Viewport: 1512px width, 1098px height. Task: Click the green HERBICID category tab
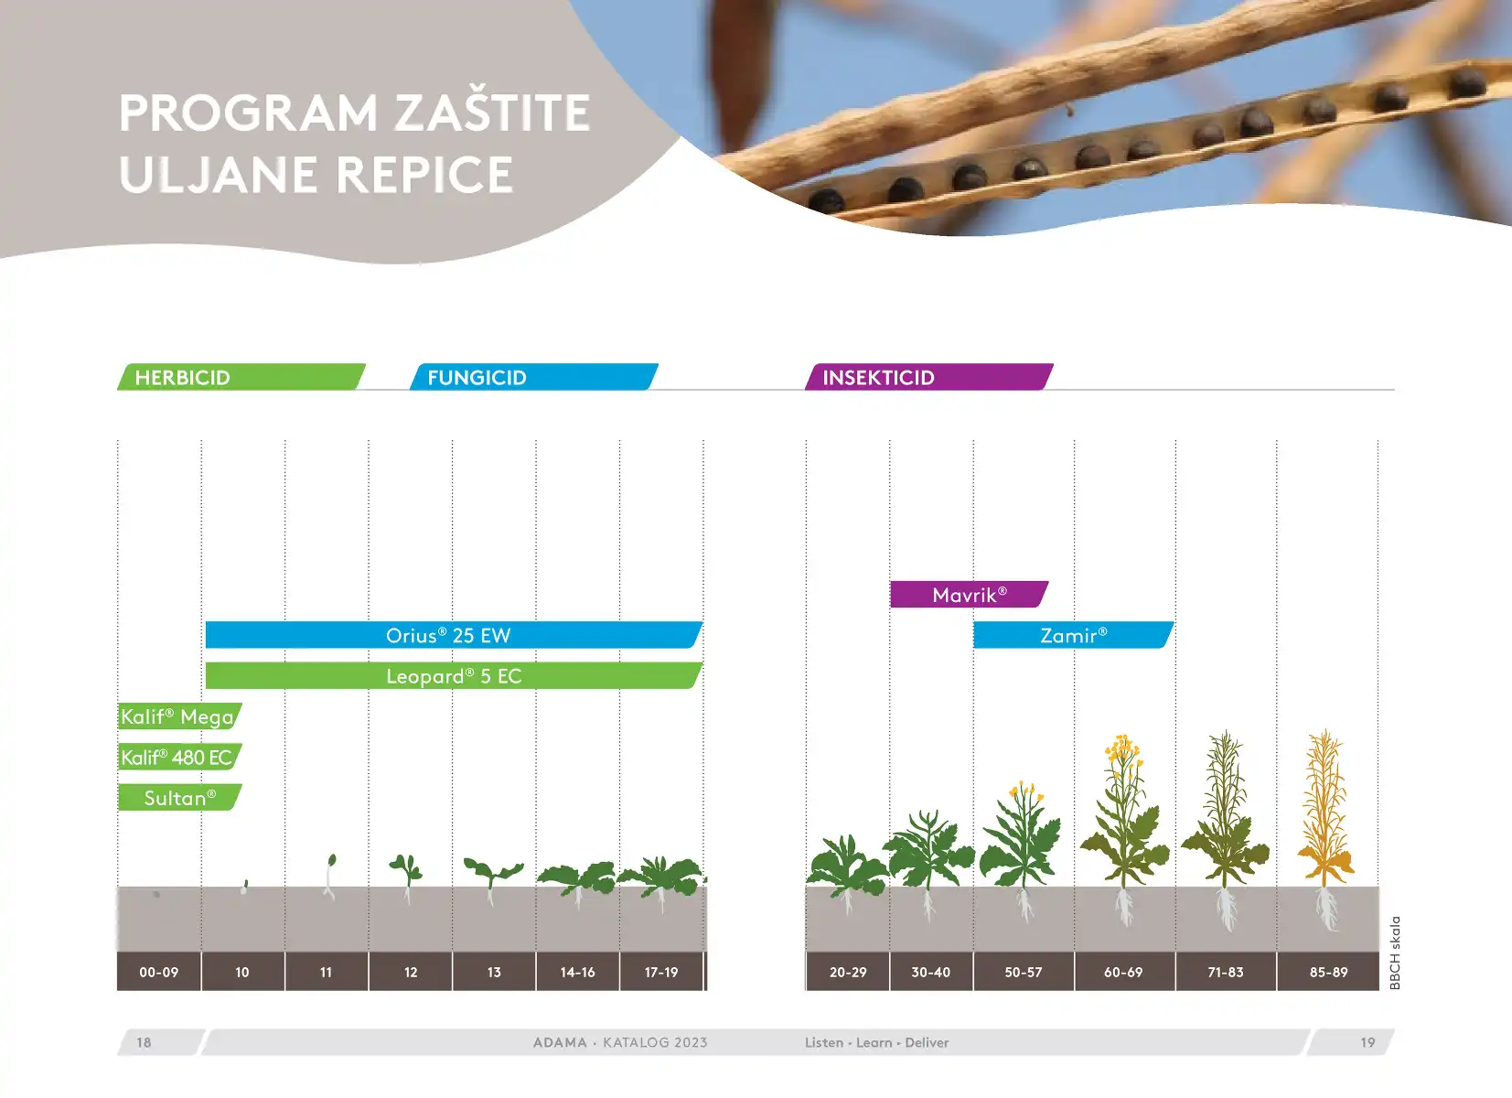[x=241, y=377]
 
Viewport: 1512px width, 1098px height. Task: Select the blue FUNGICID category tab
[x=534, y=377]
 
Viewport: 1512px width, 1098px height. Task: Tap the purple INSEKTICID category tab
[x=928, y=377]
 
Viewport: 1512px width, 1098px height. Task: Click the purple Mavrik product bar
[x=970, y=594]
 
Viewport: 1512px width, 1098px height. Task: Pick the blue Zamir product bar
[x=1073, y=635]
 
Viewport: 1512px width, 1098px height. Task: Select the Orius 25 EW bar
[x=454, y=635]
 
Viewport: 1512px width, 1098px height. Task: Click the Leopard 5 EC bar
[x=454, y=675]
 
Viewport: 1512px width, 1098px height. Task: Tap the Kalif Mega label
[x=179, y=716]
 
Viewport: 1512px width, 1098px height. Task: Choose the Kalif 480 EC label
[x=179, y=757]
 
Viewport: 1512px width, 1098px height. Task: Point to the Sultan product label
[x=179, y=798]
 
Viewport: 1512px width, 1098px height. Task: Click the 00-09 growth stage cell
[x=158, y=972]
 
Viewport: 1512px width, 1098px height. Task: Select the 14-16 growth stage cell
[x=578, y=972]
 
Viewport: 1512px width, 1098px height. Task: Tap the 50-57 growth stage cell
[x=1024, y=972]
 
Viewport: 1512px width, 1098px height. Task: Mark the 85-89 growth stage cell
[x=1328, y=972]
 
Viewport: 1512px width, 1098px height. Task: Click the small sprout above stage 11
[x=329, y=877]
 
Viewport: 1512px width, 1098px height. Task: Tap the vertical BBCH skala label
[x=1395, y=953]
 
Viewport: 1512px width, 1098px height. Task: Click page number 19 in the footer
[x=1367, y=1042]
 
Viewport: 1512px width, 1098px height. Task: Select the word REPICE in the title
[x=424, y=174]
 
